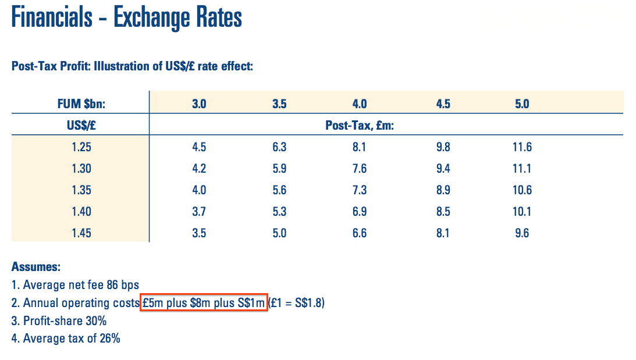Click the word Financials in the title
click(x=52, y=18)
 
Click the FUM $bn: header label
click(x=80, y=104)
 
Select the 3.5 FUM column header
click(x=279, y=104)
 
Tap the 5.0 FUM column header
click(x=522, y=104)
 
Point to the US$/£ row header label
click(x=80, y=126)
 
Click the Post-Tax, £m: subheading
click(x=360, y=126)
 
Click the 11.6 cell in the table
click(x=522, y=147)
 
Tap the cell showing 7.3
click(x=360, y=190)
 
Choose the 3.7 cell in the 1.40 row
click(x=199, y=212)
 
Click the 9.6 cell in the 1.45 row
click(x=522, y=233)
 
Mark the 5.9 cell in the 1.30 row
click(x=279, y=169)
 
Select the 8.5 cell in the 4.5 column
click(x=443, y=212)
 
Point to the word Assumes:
click(x=35, y=268)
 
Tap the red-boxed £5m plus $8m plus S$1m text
click(x=204, y=303)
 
